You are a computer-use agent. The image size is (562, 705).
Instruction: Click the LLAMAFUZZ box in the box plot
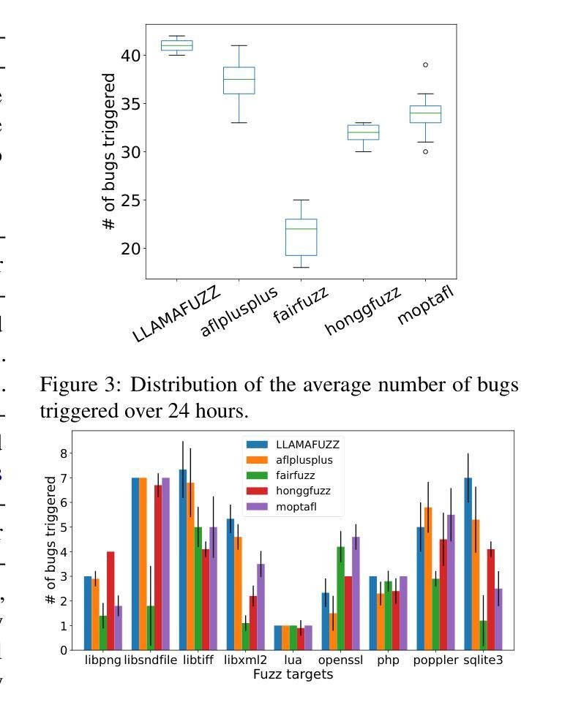[x=176, y=45]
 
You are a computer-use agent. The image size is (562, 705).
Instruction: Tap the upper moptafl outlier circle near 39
[x=424, y=65]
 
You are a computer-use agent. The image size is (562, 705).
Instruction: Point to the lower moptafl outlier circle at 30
[x=424, y=151]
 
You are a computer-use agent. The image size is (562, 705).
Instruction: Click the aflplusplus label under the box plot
[x=240, y=313]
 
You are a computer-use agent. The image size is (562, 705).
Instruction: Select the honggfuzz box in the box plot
[x=363, y=132]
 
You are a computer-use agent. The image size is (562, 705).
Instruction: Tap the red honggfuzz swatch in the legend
[x=256, y=491]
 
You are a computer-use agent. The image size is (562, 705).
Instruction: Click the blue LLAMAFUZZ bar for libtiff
[x=183, y=559]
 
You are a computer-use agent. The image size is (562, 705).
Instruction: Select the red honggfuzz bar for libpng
[x=110, y=600]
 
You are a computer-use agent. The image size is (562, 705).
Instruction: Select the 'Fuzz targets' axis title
[x=293, y=674]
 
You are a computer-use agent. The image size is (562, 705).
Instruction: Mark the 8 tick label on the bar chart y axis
[x=64, y=453]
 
